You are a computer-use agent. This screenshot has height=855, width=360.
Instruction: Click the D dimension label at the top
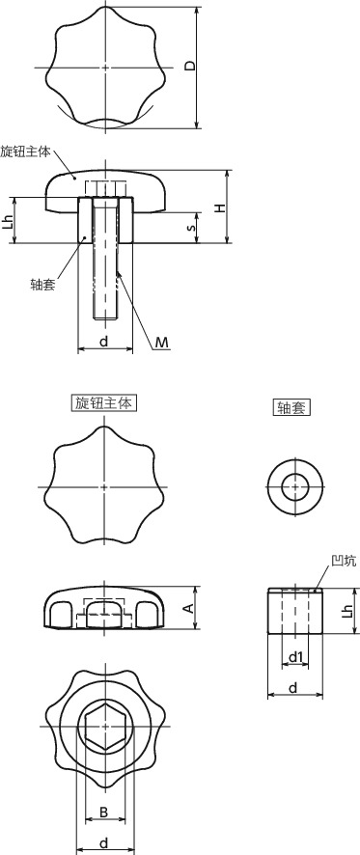pos(190,67)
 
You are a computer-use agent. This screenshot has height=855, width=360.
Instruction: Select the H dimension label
pos(220,207)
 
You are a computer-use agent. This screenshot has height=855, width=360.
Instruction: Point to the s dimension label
pos(192,229)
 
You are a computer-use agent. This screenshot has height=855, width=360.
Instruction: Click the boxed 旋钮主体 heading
pos(103,402)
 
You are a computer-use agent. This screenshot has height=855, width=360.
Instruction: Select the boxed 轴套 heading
pos(291,408)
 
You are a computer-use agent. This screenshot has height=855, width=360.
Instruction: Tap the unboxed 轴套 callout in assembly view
pos(42,284)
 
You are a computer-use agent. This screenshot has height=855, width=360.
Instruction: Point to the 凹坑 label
pos(344,560)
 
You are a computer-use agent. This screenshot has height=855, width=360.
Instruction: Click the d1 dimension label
pos(298,658)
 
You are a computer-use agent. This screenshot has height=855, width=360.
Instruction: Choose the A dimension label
pos(189,607)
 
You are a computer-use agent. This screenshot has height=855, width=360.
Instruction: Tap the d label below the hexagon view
pos(103,842)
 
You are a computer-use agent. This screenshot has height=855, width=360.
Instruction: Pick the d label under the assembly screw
pos(103,343)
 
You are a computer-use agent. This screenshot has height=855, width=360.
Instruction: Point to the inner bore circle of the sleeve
pos(291,488)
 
